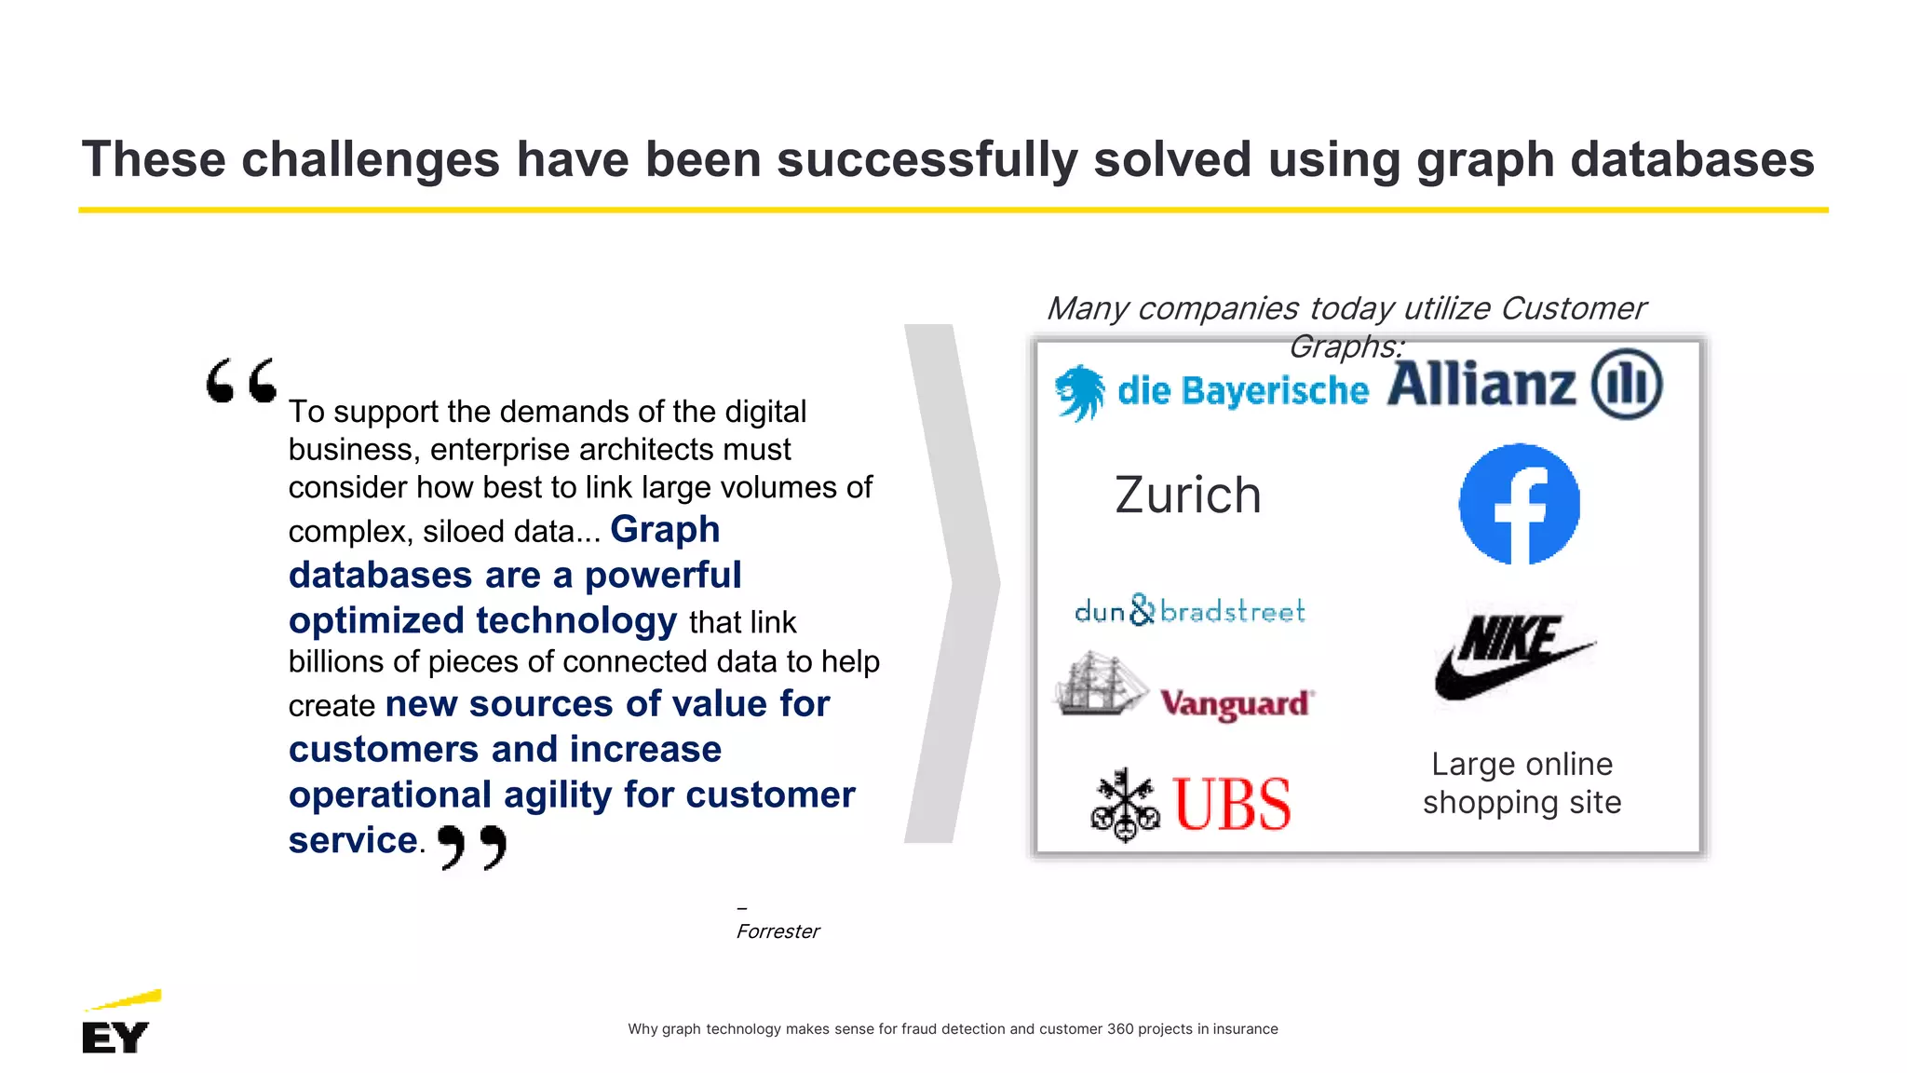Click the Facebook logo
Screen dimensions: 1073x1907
point(1519,504)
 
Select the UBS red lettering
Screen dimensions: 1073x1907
point(1231,804)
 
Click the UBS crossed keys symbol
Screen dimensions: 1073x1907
point(1125,804)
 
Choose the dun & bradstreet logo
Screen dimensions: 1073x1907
point(1189,611)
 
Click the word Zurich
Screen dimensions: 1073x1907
point(1187,495)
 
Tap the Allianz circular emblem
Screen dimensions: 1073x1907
point(1626,384)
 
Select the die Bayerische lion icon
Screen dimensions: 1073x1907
point(1080,392)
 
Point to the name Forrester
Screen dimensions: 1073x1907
point(778,931)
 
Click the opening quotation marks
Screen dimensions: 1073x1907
point(241,380)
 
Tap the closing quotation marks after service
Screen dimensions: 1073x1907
point(472,846)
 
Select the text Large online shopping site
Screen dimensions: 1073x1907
point(1522,783)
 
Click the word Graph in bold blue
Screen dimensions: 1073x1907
point(665,529)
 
